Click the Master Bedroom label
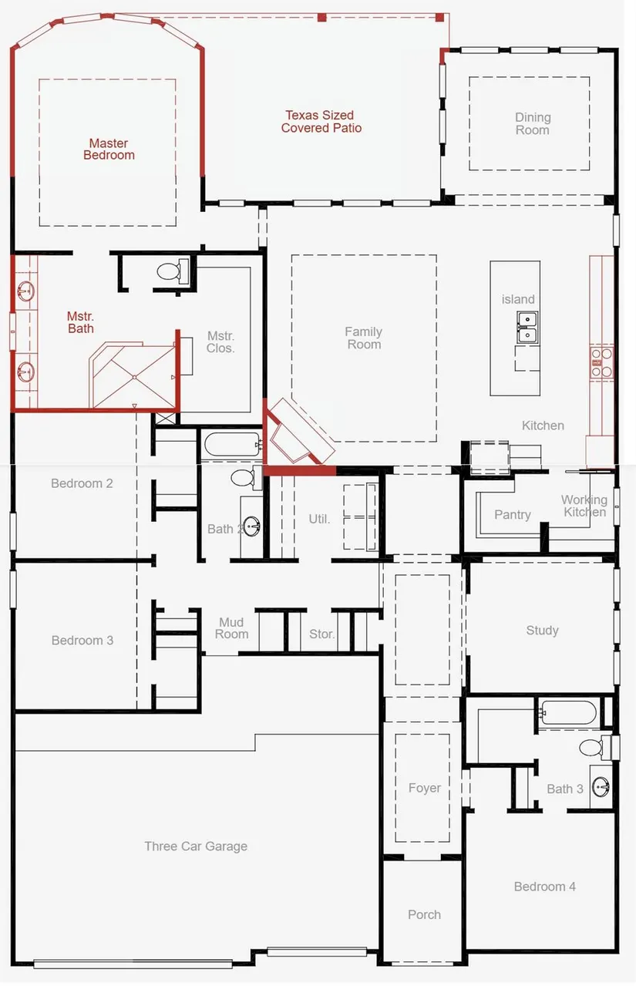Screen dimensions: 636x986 (109, 149)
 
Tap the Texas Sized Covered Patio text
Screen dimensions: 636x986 (321, 122)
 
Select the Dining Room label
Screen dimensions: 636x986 (533, 123)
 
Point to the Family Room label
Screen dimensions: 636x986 (364, 338)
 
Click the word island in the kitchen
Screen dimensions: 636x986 (518, 299)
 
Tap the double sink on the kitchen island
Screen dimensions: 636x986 (527, 327)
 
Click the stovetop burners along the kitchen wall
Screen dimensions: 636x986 (601, 362)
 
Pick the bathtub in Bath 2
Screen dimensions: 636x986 (234, 445)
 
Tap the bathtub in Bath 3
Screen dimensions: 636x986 (569, 712)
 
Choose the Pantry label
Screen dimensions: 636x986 (513, 514)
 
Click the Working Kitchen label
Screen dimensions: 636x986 (584, 506)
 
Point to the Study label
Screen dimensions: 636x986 (542, 631)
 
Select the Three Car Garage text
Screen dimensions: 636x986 (196, 846)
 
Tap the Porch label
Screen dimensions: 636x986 (424, 914)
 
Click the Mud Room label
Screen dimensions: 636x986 (231, 628)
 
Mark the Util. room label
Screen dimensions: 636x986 (319, 519)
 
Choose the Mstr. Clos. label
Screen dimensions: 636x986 (220, 342)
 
